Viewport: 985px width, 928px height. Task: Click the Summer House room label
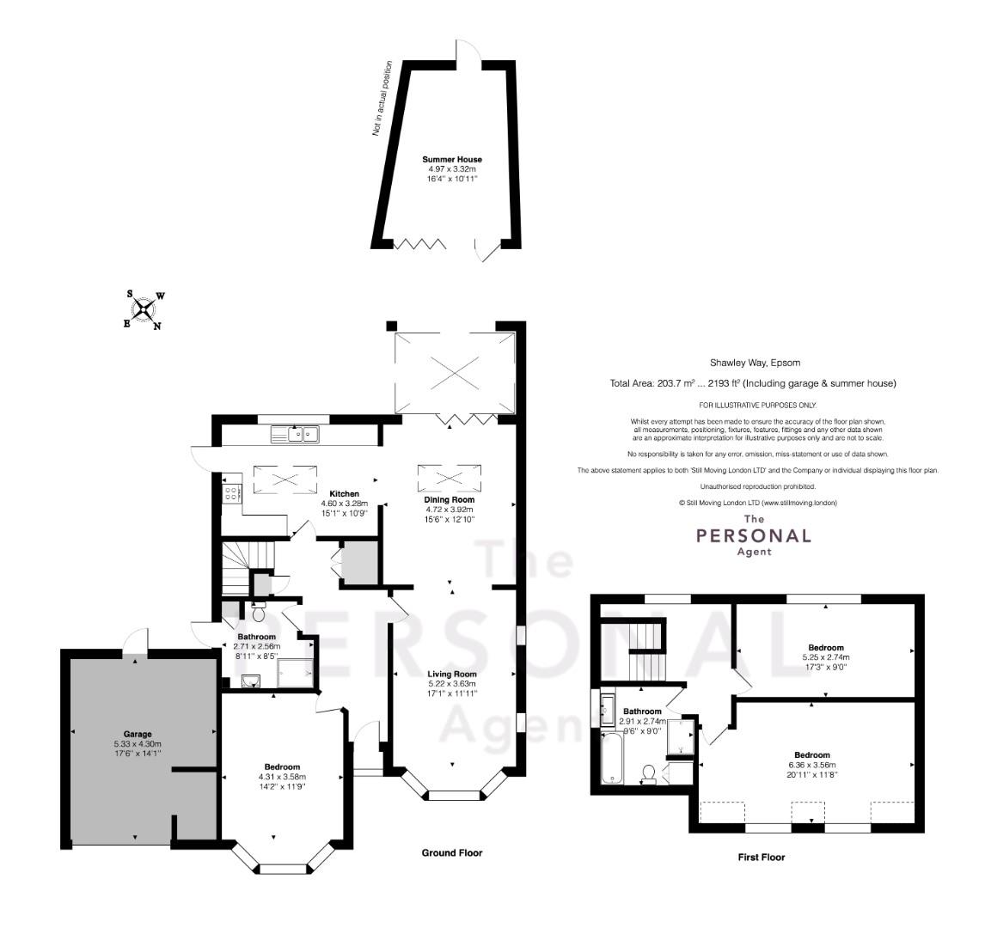(451, 160)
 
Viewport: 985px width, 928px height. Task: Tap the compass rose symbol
(144, 309)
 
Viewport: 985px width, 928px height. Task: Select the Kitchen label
(345, 494)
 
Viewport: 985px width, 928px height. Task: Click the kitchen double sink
(296, 433)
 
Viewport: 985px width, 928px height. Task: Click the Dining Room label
(450, 500)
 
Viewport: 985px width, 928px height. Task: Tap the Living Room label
(452, 675)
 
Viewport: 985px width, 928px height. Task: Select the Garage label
(138, 733)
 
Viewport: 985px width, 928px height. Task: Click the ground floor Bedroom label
(282, 766)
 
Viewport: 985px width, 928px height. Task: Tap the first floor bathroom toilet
(648, 773)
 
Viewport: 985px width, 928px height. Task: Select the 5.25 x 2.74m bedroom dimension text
(825, 657)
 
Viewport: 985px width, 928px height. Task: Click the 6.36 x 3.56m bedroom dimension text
(811, 765)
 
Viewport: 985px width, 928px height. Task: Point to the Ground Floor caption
(451, 852)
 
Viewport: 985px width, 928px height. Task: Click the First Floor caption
(762, 857)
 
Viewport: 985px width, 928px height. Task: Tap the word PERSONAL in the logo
(753, 535)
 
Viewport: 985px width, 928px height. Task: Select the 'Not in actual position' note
(382, 99)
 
